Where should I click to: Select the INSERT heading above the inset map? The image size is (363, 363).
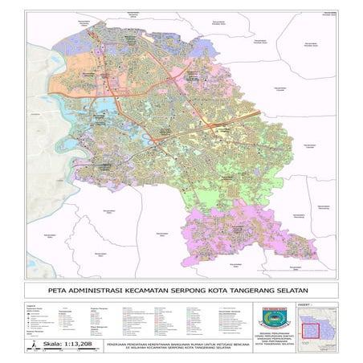[302, 304]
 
